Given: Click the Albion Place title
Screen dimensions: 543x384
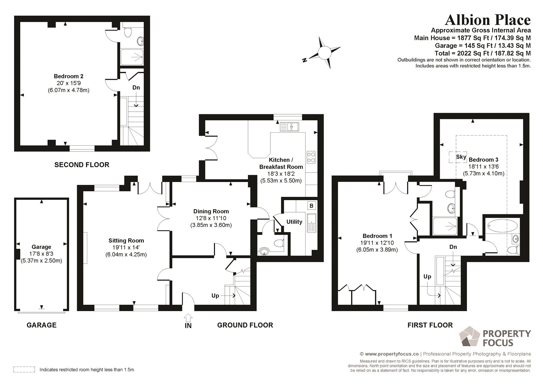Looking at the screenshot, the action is (x=488, y=20).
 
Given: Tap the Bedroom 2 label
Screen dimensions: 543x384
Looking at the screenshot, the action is (x=69, y=76).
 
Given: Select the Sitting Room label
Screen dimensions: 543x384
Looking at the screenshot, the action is (x=126, y=240).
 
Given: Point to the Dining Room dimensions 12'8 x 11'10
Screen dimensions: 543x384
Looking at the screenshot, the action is (x=211, y=218).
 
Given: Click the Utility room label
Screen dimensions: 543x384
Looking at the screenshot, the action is (x=294, y=222).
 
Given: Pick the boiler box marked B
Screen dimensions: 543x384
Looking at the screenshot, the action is (x=311, y=206).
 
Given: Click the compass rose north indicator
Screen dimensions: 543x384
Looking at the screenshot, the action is (x=305, y=60).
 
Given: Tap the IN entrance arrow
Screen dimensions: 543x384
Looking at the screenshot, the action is (x=188, y=318).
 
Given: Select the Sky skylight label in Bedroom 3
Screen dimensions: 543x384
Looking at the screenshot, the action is (x=461, y=157).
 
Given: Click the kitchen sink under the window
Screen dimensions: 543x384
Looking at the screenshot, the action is (x=289, y=127).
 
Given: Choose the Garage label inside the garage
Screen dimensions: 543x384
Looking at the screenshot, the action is (x=41, y=247).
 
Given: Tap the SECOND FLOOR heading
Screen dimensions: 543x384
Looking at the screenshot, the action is (x=82, y=165).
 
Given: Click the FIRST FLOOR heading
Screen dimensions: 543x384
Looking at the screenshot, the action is (x=430, y=325).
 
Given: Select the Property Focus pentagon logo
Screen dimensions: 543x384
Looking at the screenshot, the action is (x=470, y=336).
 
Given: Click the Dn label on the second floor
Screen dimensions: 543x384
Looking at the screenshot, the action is (x=136, y=88).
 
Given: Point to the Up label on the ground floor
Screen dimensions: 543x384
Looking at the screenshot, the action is (x=215, y=296).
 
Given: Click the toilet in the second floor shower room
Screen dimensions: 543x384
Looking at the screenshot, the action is (x=127, y=32).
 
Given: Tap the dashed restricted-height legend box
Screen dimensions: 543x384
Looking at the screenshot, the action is (x=24, y=369).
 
